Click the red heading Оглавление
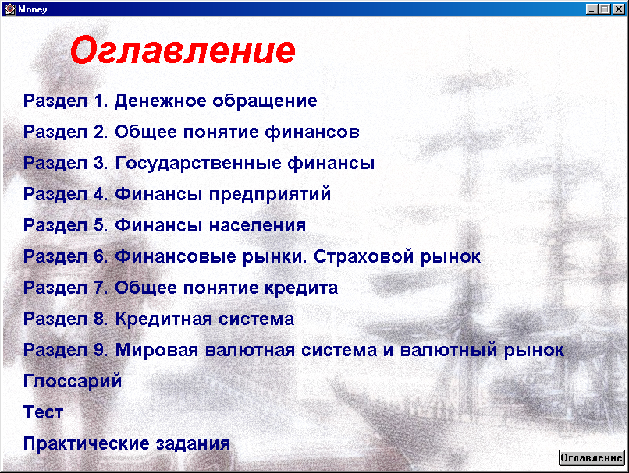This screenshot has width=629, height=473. (183, 50)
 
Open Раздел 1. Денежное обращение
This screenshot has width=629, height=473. (170, 101)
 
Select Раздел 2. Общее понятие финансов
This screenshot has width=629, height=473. (191, 132)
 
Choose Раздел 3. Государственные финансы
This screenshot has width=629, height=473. (199, 163)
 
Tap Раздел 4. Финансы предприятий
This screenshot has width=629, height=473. (177, 194)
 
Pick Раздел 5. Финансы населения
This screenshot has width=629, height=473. (165, 225)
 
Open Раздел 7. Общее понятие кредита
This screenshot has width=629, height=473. (180, 288)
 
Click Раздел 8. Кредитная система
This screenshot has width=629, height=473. (159, 319)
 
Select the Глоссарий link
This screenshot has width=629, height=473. (73, 381)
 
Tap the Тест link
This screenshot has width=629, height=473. (44, 412)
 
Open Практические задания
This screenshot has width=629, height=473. (126, 443)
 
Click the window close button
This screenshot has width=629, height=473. (618, 9)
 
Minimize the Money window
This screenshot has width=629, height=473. (592, 9)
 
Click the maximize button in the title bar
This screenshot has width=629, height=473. (605, 9)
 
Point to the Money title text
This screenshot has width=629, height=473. (33, 9)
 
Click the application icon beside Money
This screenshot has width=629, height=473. (10, 9)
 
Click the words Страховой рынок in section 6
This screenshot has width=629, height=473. (397, 256)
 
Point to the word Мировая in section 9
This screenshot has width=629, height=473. (157, 350)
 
